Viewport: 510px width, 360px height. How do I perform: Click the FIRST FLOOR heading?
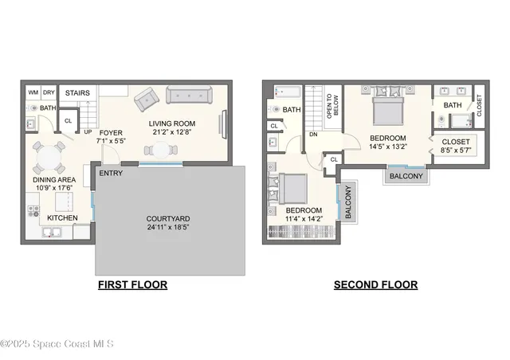click(x=132, y=284)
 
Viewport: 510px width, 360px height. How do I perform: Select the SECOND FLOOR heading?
click(x=375, y=284)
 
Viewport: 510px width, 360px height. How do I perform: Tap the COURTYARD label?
click(x=168, y=219)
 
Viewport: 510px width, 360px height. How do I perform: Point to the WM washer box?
click(x=33, y=92)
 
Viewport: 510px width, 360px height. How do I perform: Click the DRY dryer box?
click(x=48, y=92)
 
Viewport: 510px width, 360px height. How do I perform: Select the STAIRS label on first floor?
click(x=76, y=92)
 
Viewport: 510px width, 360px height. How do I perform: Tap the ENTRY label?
click(x=112, y=172)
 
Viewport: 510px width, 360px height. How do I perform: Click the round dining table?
click(x=49, y=158)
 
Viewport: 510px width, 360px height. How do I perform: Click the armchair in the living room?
click(x=146, y=100)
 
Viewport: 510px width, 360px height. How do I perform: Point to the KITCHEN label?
click(x=63, y=217)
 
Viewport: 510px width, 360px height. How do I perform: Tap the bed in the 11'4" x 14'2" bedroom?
click(x=292, y=190)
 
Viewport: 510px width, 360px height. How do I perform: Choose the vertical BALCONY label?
click(x=347, y=202)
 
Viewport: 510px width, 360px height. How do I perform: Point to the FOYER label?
click(x=111, y=133)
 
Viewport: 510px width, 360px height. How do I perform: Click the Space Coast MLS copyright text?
click(x=57, y=344)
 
